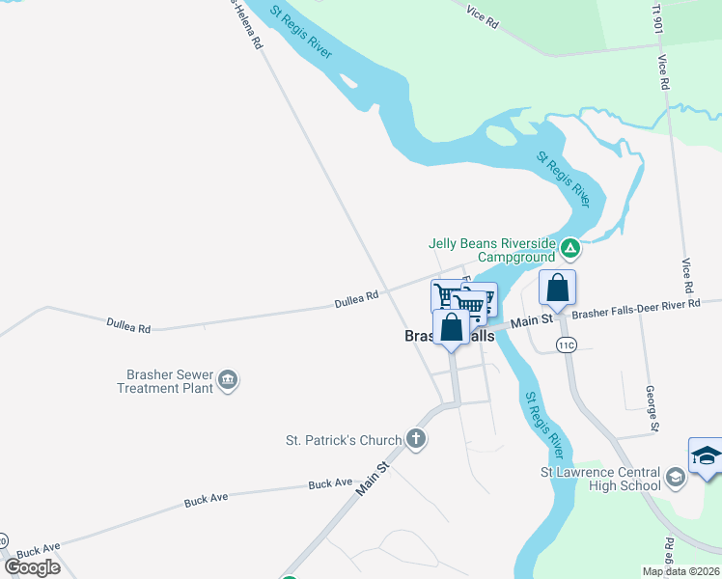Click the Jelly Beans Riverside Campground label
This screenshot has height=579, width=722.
click(x=493, y=249)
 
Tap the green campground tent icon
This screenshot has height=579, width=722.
click(x=570, y=249)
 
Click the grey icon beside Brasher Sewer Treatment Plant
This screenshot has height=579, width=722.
click(x=228, y=380)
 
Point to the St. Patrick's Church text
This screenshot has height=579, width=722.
click(x=343, y=441)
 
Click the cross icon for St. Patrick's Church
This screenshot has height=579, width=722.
click(x=415, y=441)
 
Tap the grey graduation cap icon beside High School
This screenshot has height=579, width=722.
click(x=676, y=476)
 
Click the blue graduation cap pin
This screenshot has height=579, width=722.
click(x=706, y=455)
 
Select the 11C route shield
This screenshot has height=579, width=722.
click(x=566, y=345)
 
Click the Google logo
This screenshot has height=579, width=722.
click(x=33, y=567)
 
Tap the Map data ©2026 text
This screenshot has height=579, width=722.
click(x=680, y=571)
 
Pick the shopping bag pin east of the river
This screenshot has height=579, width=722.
click(x=558, y=288)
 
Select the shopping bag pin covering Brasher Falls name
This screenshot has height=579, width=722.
click(x=452, y=327)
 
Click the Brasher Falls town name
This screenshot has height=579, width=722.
click(x=449, y=337)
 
